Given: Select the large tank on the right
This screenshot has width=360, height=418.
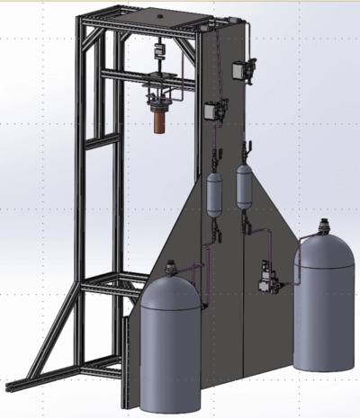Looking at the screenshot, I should coord(325,306).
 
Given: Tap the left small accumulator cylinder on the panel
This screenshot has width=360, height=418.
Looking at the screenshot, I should coord(215,195).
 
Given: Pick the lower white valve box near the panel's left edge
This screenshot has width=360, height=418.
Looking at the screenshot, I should coord(213,109).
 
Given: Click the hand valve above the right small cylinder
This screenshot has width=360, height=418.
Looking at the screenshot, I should coord(244,148).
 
